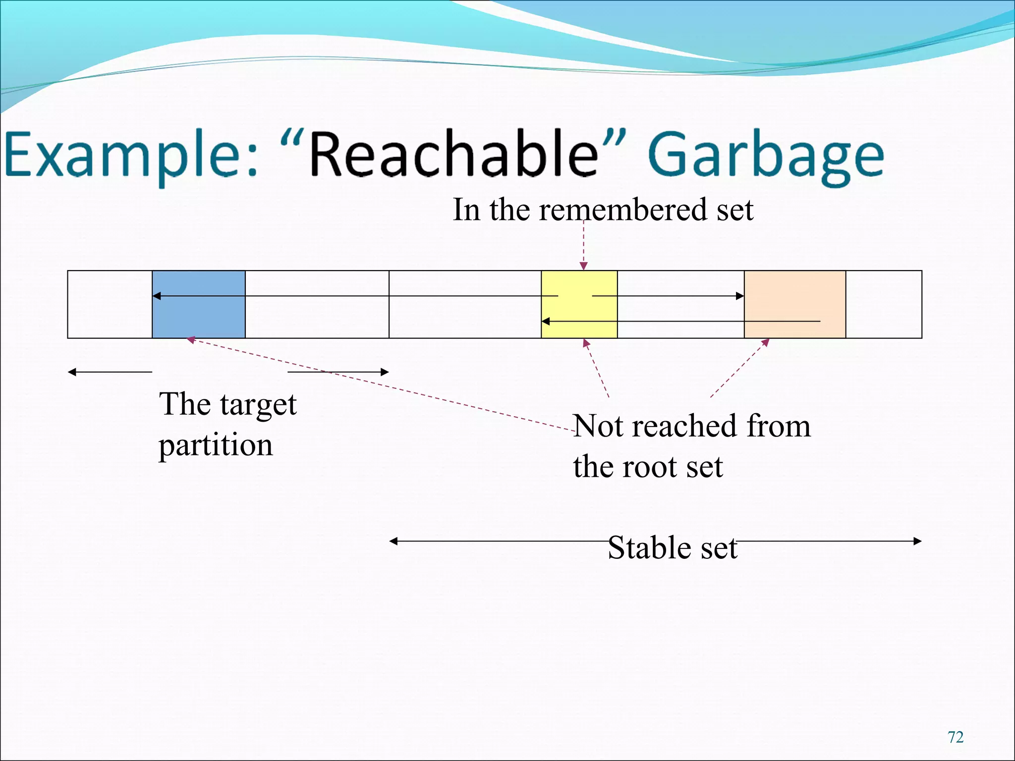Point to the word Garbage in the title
coord(766,155)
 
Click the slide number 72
coord(956,737)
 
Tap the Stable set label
coord(672,547)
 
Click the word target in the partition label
coord(258,405)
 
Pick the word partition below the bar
coord(216,445)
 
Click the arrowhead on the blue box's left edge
coord(156,296)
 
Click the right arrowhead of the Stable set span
coord(917,541)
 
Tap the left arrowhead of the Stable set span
coord(394,541)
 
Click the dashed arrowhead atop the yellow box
coord(584,266)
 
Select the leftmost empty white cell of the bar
coord(110,304)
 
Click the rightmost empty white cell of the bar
coord(884,304)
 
